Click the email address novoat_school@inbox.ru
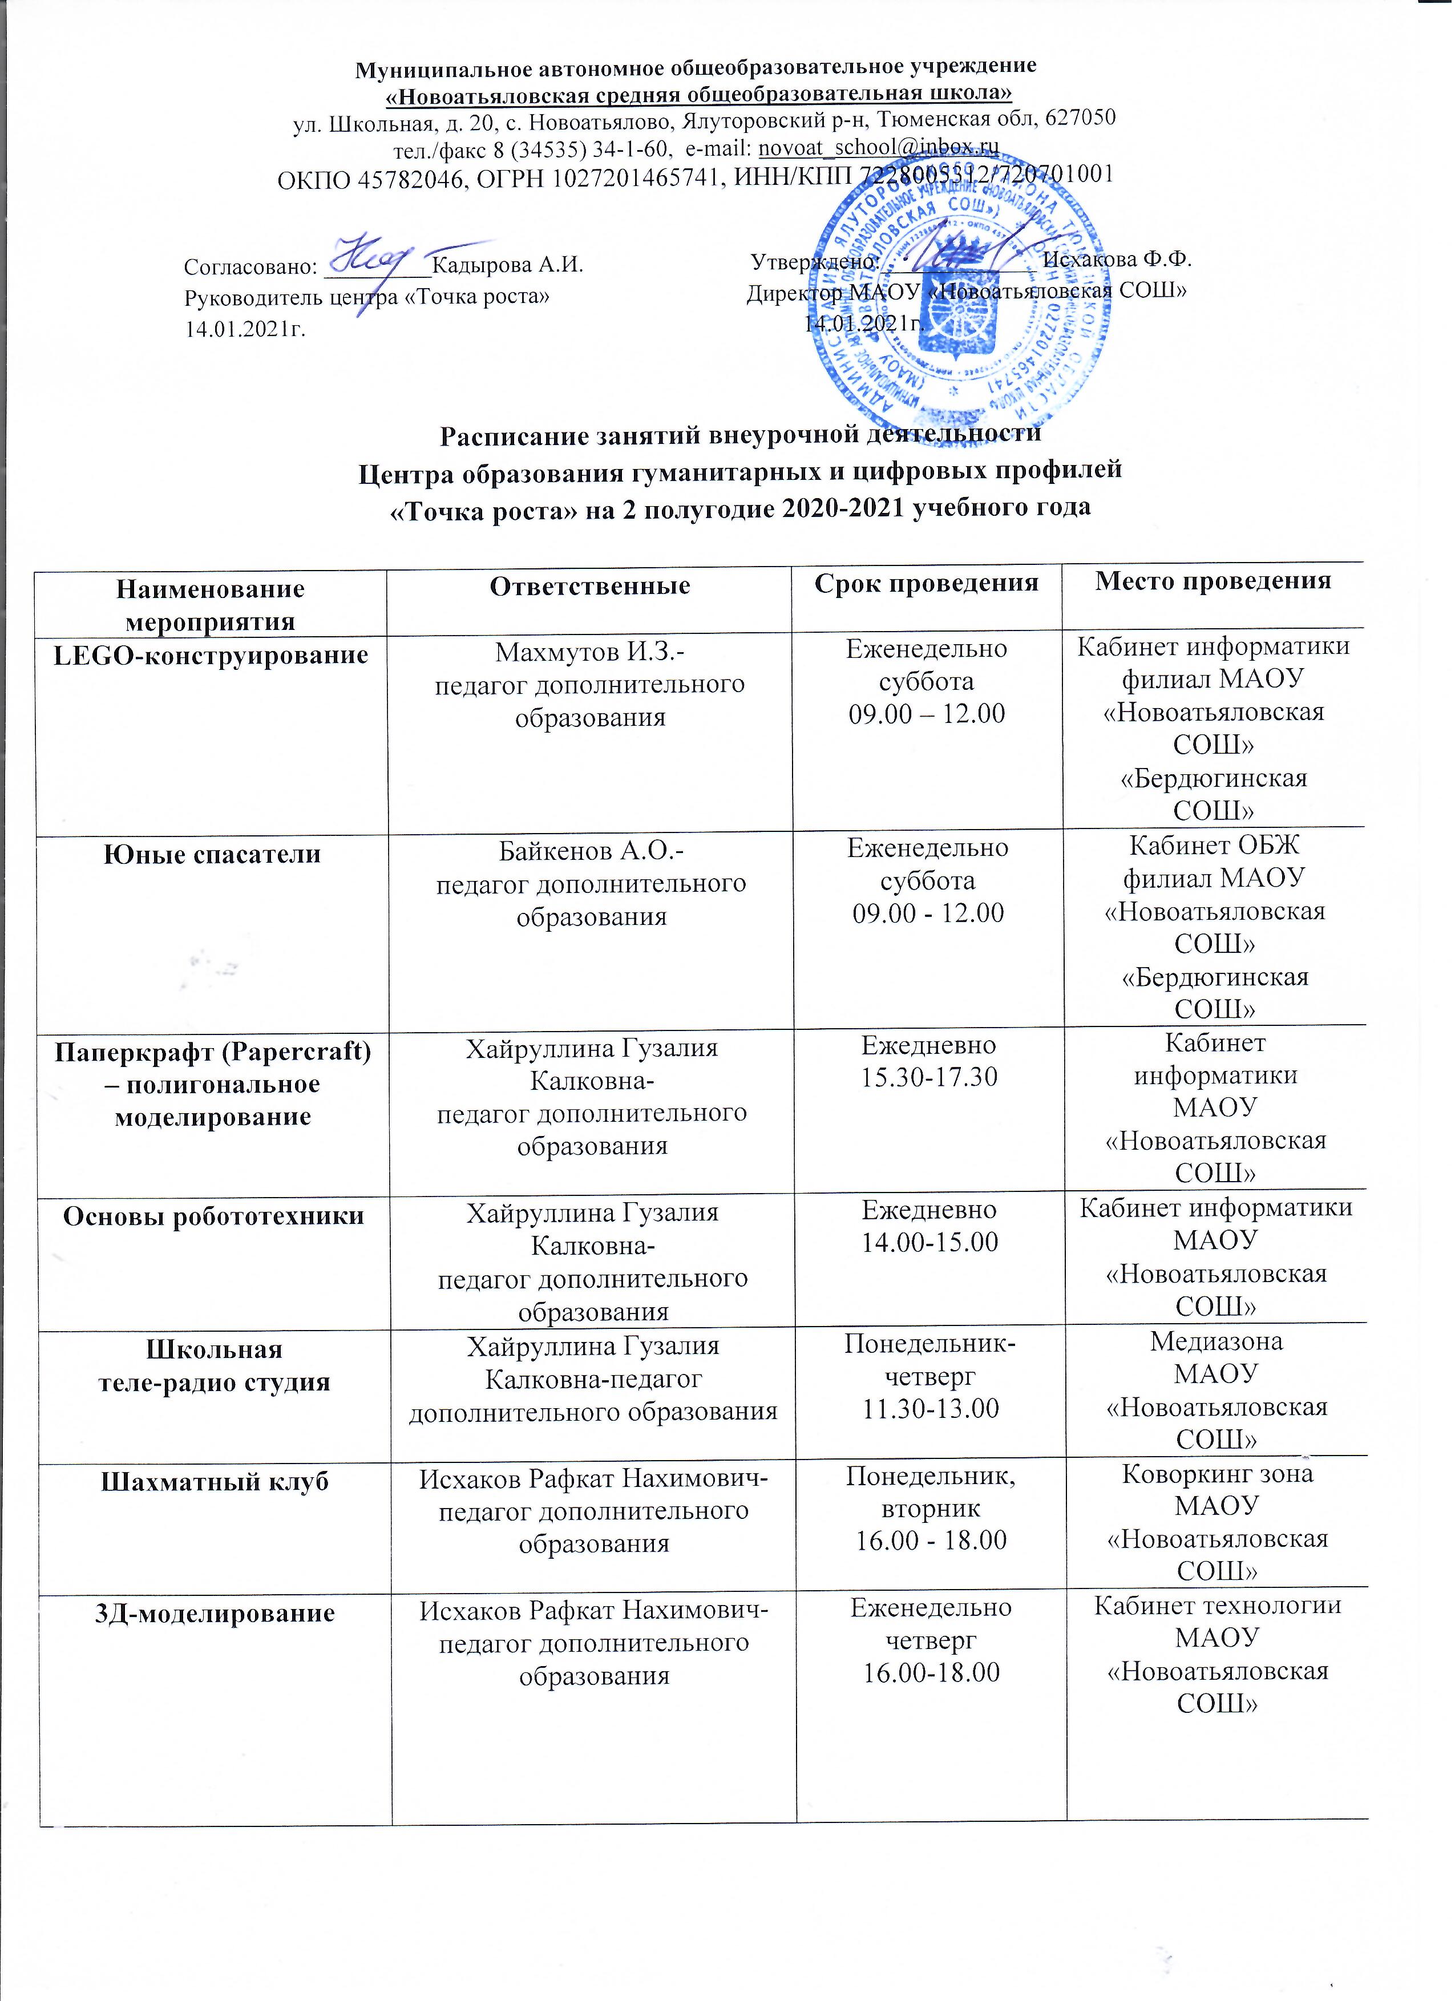878,147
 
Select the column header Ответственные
589,586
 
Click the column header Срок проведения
927,583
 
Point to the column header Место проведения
1213,580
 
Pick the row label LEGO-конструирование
211,656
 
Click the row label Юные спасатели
212,855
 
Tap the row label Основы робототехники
213,1216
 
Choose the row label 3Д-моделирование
215,1614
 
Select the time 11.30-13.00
931,1408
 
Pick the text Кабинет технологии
1218,1606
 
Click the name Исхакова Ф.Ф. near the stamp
1117,260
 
